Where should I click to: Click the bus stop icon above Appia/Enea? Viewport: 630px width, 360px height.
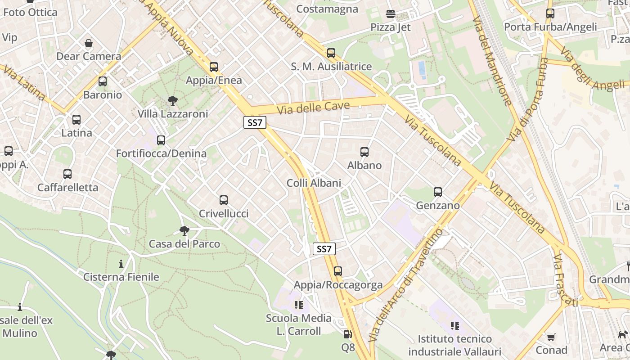[x=214, y=67]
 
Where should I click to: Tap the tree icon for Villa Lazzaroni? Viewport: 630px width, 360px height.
[x=172, y=100]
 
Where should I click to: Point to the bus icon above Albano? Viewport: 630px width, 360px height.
[x=364, y=152]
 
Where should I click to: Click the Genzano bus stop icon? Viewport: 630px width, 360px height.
[x=438, y=192]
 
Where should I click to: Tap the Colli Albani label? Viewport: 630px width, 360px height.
[x=314, y=183]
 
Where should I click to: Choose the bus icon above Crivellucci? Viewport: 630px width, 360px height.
[x=224, y=200]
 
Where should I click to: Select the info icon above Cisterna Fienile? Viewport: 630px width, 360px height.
[x=121, y=264]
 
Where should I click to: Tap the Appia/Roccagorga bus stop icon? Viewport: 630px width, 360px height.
[x=338, y=271]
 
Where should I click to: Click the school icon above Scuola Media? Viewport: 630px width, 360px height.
[x=299, y=306]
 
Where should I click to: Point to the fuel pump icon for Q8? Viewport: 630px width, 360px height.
[x=347, y=334]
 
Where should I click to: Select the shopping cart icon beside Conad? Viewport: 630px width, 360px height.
[x=551, y=337]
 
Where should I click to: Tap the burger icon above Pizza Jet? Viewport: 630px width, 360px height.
[x=391, y=14]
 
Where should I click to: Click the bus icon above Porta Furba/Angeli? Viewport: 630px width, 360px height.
[x=550, y=13]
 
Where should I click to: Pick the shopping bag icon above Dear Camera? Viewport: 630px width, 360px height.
[x=89, y=44]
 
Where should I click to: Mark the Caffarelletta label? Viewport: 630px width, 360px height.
[x=67, y=188]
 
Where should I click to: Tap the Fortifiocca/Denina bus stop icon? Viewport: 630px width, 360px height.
[x=161, y=140]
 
